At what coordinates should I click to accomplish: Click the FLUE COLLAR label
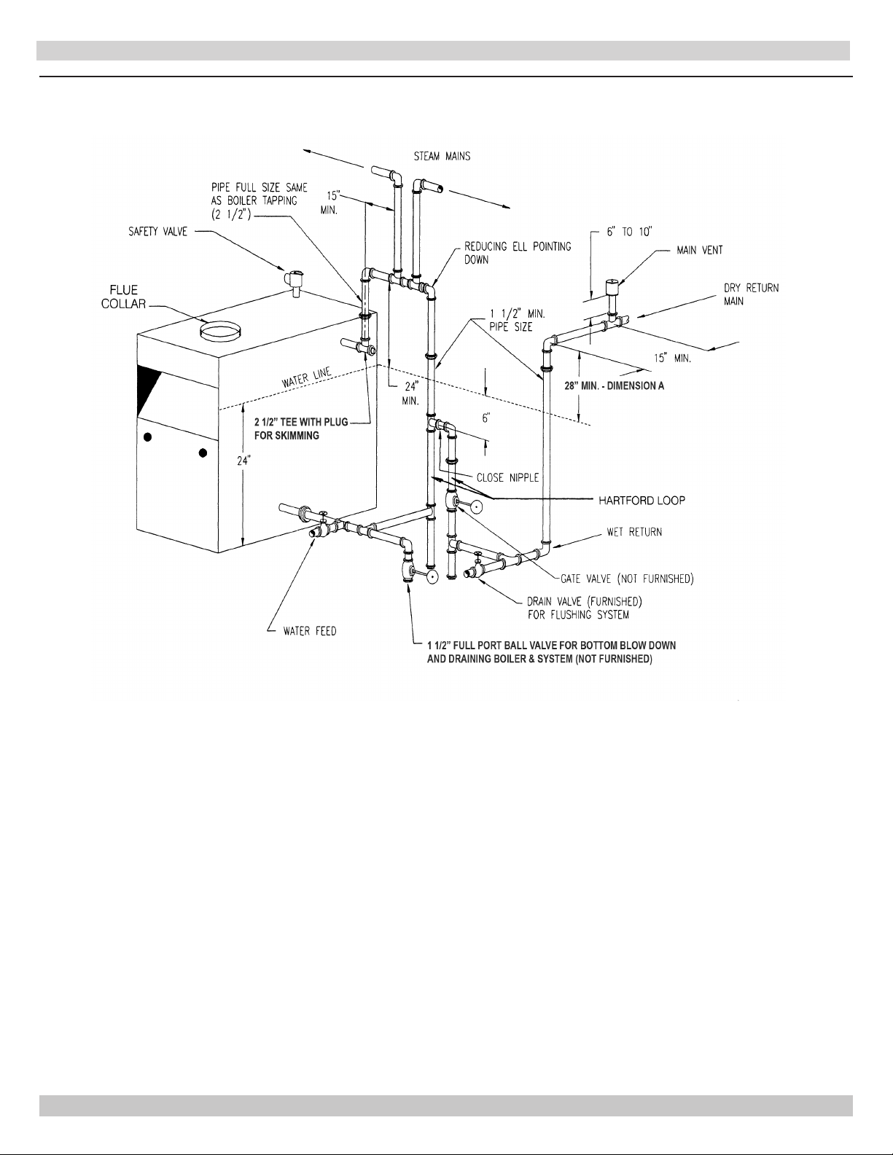[123, 297]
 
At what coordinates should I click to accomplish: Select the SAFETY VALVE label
[158, 232]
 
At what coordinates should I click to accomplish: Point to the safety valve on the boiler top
[293, 282]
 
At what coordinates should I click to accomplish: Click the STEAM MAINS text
[442, 156]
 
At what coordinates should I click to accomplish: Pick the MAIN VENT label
[700, 251]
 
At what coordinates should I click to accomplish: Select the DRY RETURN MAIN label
[751, 294]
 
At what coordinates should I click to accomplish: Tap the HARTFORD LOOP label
[642, 500]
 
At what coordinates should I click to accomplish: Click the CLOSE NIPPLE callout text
[507, 478]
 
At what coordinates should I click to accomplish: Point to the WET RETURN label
[635, 532]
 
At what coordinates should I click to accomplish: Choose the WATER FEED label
[310, 631]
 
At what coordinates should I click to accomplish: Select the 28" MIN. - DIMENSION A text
[615, 386]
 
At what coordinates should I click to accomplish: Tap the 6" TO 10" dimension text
[629, 232]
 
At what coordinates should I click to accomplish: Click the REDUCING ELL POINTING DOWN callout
[518, 253]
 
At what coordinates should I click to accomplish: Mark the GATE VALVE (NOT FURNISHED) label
[627, 579]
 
